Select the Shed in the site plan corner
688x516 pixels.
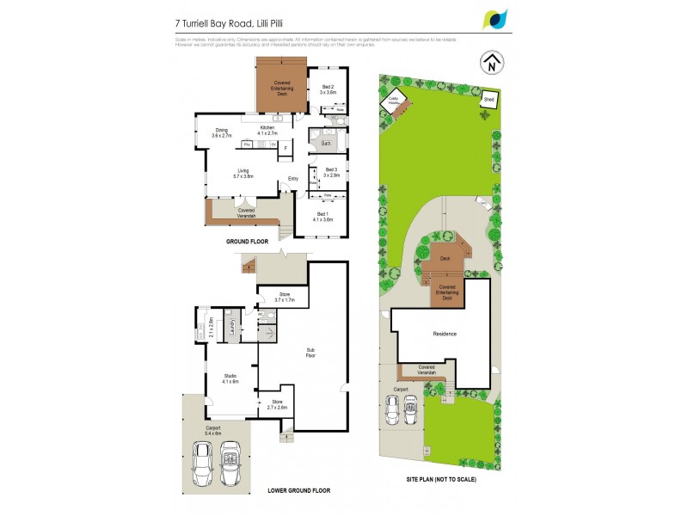tap(488, 100)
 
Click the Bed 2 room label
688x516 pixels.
tap(328, 89)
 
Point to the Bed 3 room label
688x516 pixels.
tap(332, 171)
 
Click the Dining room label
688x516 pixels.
tap(221, 132)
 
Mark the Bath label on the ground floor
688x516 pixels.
tap(326, 143)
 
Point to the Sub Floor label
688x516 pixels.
tap(311, 352)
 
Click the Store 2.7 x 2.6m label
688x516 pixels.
tap(275, 404)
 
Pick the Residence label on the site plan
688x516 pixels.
tap(444, 334)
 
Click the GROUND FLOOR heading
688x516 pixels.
tap(249, 243)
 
